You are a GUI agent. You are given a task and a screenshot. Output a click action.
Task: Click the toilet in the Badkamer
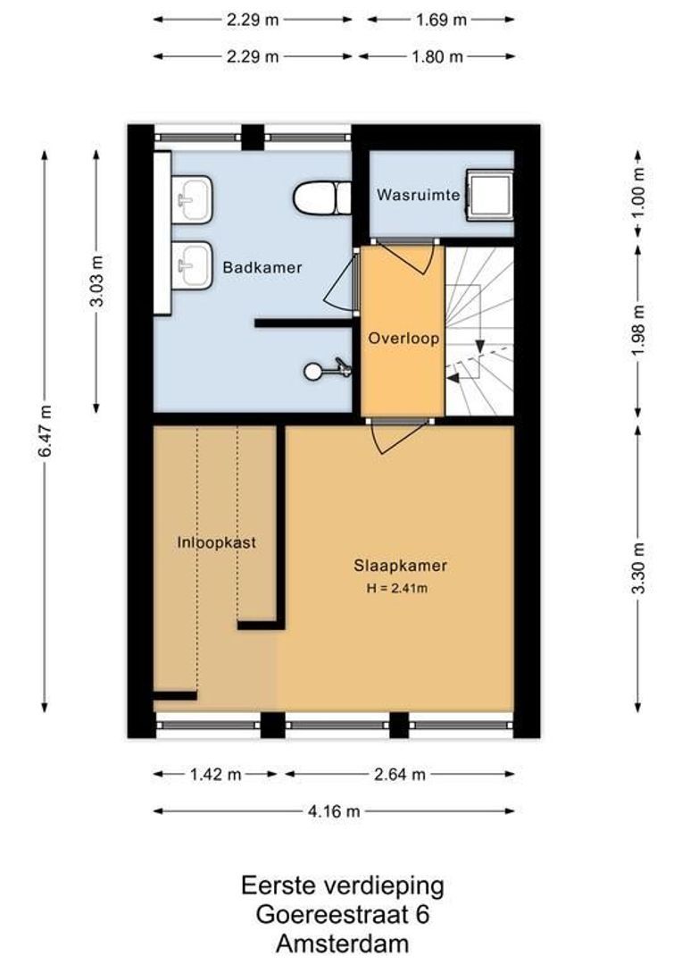322,197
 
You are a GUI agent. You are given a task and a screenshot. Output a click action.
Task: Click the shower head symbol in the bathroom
327,368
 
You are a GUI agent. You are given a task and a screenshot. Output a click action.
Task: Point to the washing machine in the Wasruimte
490,195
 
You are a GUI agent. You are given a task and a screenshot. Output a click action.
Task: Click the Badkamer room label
262,267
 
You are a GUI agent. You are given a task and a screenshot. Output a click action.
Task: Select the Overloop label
402,340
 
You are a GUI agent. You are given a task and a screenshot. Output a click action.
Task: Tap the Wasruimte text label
418,195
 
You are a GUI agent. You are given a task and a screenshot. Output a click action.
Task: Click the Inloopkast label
215,542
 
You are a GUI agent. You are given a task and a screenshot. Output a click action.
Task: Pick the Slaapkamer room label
400,566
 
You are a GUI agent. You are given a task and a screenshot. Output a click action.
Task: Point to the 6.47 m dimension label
45,432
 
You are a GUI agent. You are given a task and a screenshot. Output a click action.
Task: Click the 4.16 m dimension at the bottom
335,811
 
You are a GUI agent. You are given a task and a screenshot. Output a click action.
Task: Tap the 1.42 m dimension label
217,774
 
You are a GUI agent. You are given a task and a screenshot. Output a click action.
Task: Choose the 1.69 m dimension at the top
441,18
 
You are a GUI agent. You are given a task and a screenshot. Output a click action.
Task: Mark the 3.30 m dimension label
637,567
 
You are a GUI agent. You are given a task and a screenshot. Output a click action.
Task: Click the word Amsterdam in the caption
342,944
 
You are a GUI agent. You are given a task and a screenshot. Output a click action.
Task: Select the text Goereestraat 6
342,914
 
